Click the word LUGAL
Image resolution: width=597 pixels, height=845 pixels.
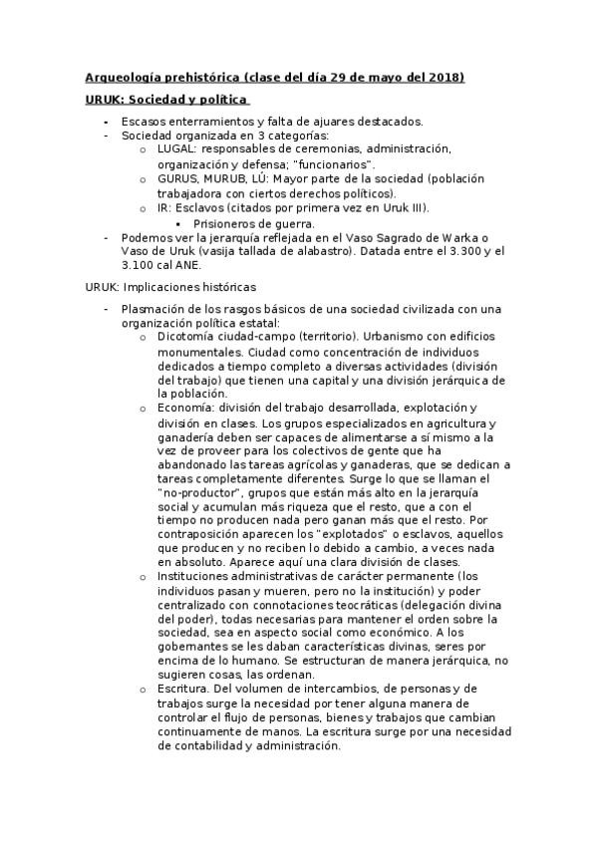click(178, 148)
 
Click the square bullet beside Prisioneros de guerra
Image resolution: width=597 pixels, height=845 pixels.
click(178, 224)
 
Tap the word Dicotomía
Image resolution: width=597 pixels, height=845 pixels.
click(191, 338)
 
